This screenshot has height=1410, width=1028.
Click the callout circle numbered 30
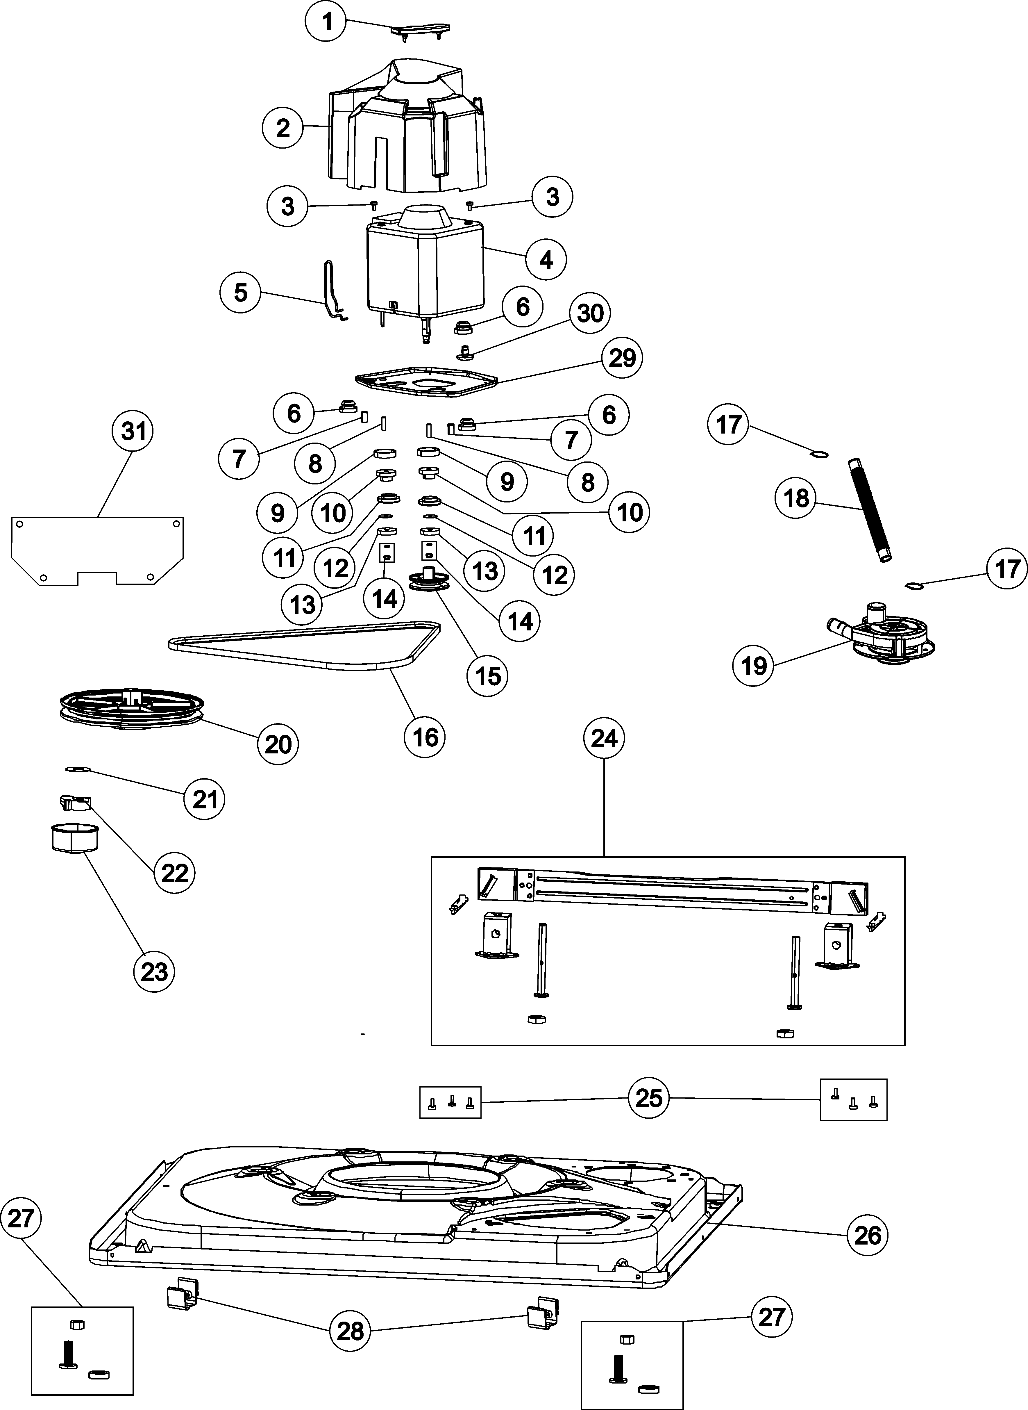pos(590,313)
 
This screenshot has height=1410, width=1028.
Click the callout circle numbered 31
pos(133,431)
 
